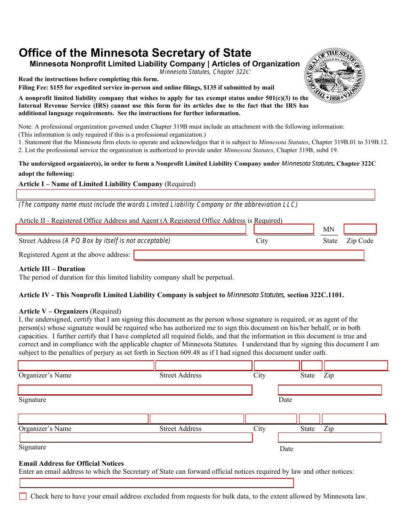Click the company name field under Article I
[195, 194]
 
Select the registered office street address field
[131, 229]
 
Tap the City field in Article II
[284, 229]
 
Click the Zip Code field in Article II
[360, 229]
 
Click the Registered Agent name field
[249, 255]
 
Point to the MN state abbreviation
[329, 229]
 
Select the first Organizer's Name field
[86, 366]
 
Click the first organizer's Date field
[330, 390]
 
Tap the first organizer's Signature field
[135, 390]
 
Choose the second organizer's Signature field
[135, 438]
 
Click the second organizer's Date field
[330, 438]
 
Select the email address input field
[156, 483]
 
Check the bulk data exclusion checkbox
[23, 496]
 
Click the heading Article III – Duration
[52, 269]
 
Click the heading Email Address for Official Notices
[71, 464]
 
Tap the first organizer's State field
[312, 366]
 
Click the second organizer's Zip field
[354, 419]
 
